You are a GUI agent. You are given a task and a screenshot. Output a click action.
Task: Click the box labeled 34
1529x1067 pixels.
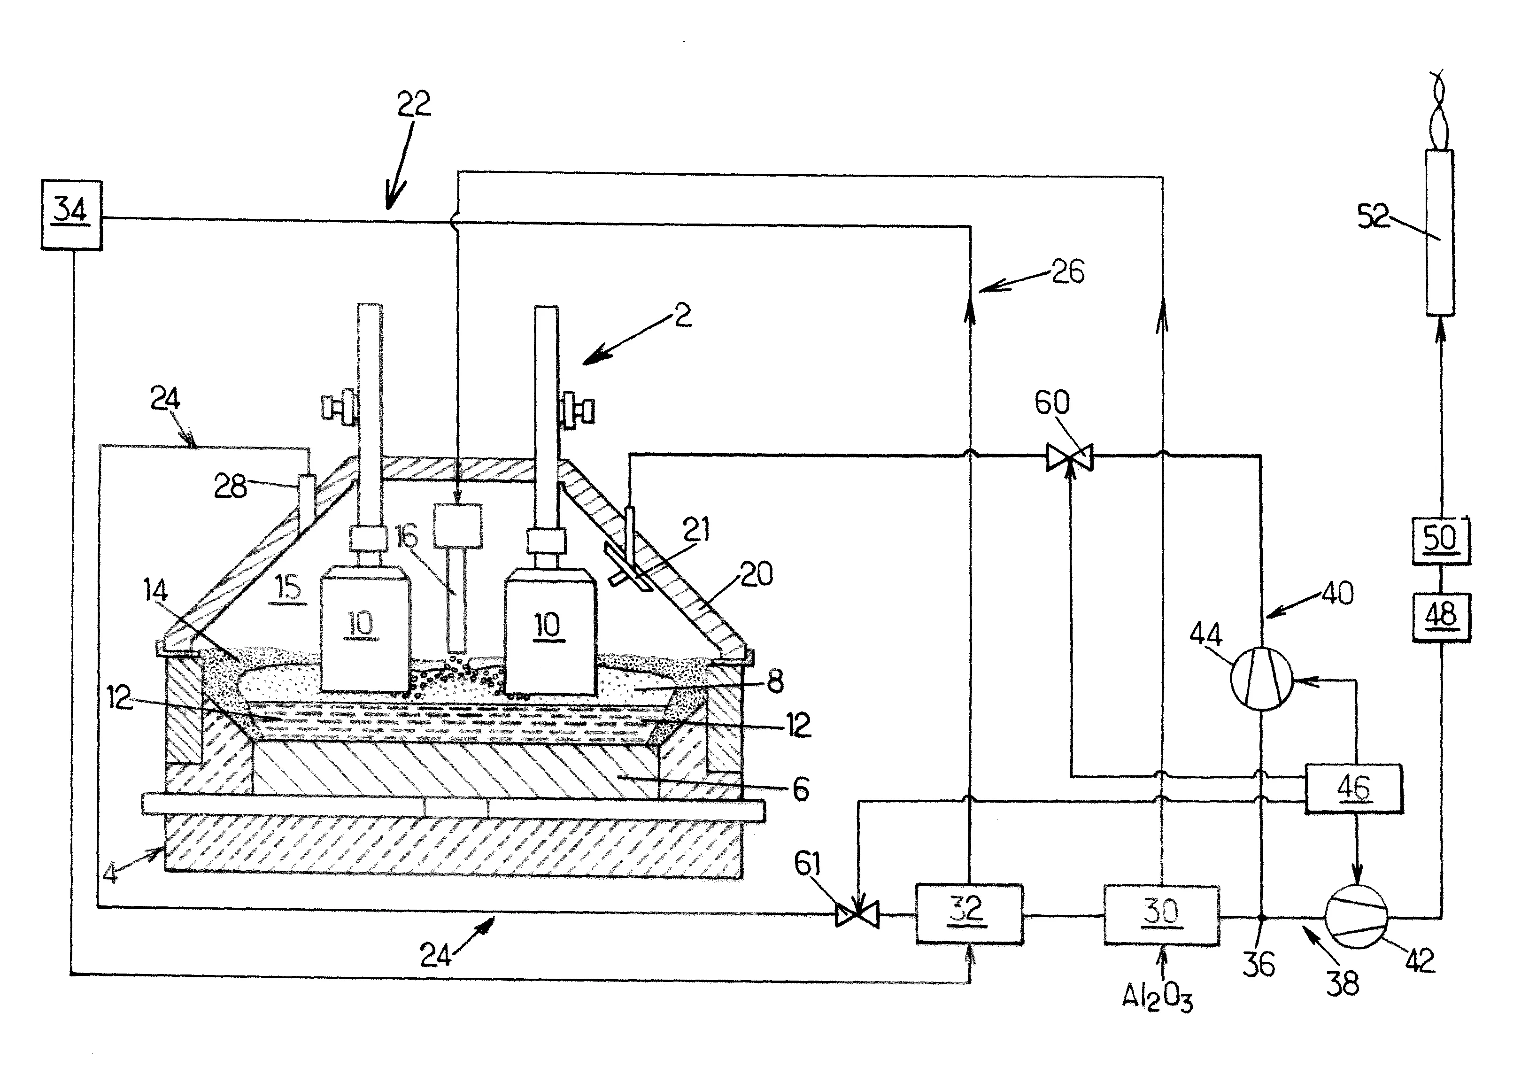[71, 215]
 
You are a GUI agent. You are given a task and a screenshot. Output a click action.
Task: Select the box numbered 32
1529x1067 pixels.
[969, 913]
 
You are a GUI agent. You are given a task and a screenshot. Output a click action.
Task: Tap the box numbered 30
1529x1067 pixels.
[1161, 914]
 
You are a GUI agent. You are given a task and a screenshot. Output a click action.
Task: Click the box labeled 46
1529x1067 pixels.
[1353, 788]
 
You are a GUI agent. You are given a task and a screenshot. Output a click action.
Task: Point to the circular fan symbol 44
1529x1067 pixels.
[1260, 680]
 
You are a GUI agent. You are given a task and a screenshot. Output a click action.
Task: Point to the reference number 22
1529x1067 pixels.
[414, 104]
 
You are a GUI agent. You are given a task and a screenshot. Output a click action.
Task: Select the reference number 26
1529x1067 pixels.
[1067, 272]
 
